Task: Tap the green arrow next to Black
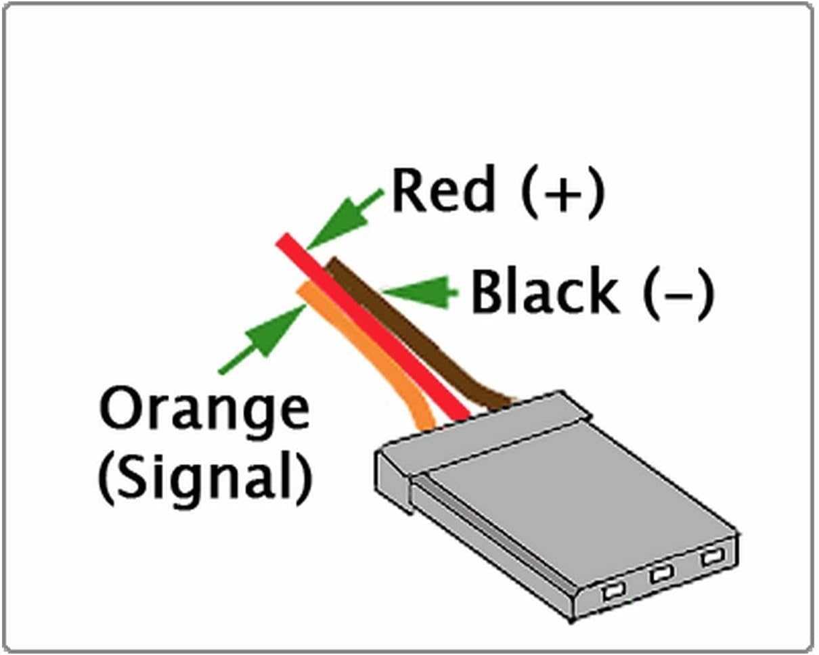click(x=420, y=291)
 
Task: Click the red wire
click(x=379, y=332)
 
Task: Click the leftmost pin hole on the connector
click(x=611, y=591)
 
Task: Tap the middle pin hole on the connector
click(x=660, y=575)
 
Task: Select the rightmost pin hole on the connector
click(x=710, y=558)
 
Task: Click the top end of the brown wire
click(x=333, y=264)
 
